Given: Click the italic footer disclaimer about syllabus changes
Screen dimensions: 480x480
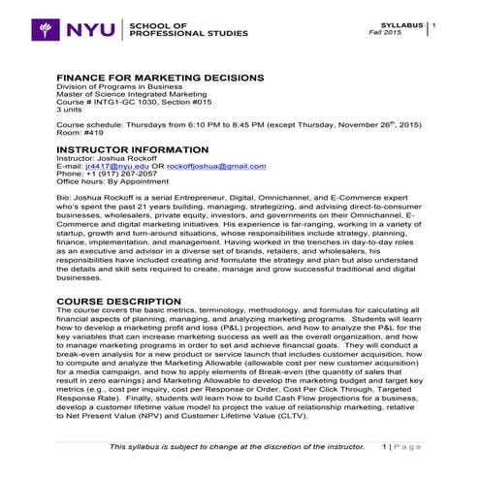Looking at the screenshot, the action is [238, 446].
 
